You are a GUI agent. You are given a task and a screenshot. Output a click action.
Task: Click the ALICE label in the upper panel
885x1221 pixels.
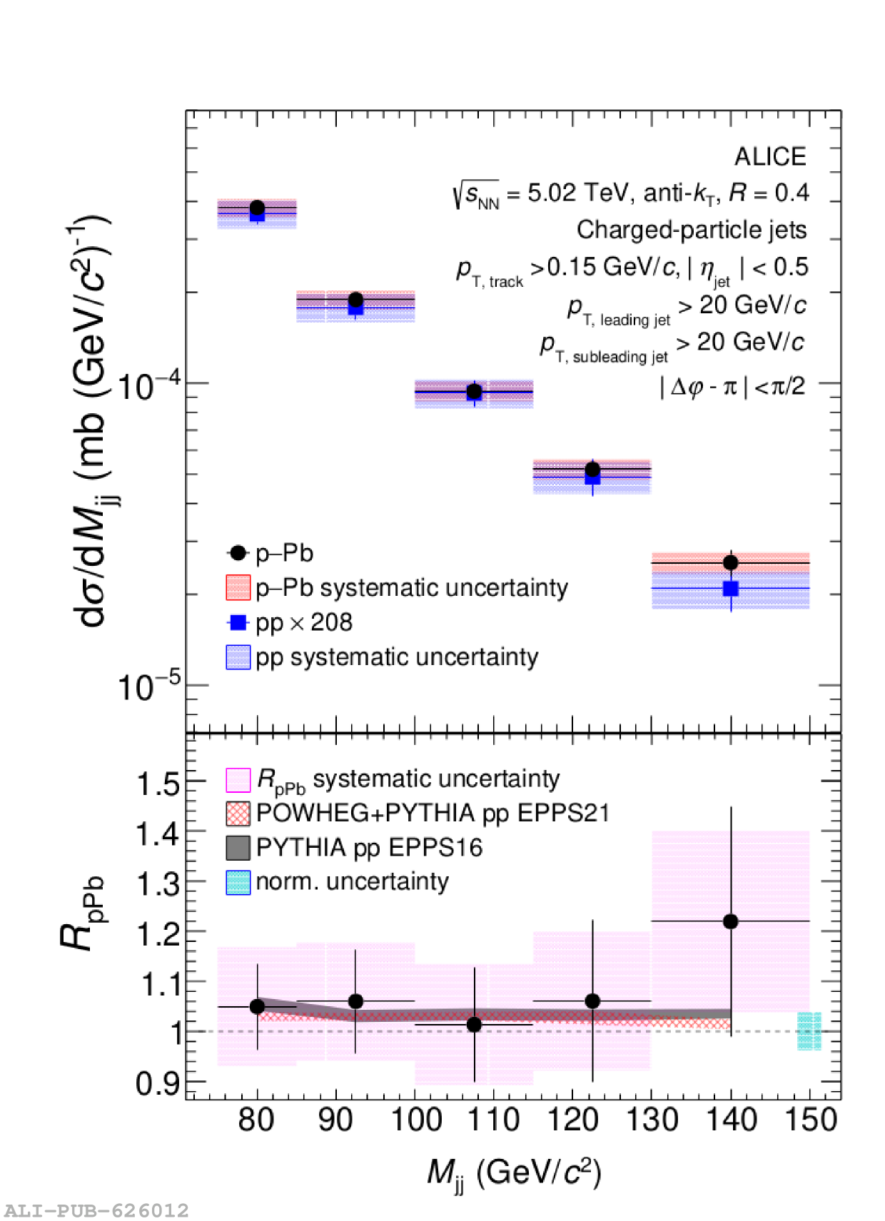tap(770, 156)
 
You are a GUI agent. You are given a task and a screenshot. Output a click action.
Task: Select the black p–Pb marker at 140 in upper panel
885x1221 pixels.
tap(730, 562)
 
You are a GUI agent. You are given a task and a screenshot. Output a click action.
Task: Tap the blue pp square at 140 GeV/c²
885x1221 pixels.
tap(730, 589)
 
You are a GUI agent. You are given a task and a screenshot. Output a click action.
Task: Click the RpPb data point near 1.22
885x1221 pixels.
tap(730, 921)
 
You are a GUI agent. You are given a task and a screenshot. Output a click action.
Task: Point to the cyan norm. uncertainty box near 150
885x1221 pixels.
tap(809, 1030)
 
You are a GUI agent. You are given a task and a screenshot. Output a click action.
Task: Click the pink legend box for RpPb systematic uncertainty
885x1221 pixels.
tap(238, 779)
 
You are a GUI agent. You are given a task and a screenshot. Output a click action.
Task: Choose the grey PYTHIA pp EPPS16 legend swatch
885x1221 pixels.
tap(238, 848)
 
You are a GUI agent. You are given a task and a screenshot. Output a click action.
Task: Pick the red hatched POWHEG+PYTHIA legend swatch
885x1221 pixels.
tap(238, 814)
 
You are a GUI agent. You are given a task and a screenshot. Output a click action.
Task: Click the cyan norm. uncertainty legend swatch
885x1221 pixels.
tap(238, 882)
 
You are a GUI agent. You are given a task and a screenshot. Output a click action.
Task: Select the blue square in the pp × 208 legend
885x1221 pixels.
tap(238, 622)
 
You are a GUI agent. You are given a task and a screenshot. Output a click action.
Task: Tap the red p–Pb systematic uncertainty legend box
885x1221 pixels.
tap(238, 587)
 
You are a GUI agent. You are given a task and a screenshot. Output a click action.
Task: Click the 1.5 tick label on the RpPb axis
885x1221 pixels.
tap(158, 784)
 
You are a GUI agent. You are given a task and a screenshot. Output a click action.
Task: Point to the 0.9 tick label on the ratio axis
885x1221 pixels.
tap(158, 1083)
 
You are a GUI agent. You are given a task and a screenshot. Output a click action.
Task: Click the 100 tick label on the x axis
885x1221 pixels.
tap(416, 1119)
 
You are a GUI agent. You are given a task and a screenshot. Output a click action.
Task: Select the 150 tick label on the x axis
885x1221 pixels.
tap(811, 1119)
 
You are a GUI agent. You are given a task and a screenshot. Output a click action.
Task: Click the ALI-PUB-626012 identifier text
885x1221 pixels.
tap(96, 1210)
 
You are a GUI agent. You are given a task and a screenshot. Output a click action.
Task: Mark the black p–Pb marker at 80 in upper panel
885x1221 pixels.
tap(257, 208)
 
